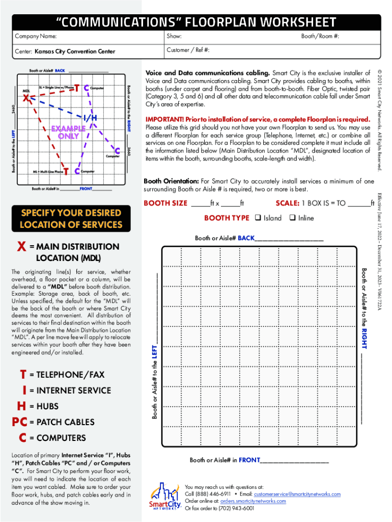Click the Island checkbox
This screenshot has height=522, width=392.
click(x=258, y=218)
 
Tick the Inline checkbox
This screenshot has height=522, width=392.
click(x=292, y=218)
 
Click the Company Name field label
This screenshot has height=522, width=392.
click(x=36, y=36)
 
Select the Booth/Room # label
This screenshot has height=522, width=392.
click(x=320, y=36)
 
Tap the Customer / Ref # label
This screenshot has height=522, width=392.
click(x=188, y=50)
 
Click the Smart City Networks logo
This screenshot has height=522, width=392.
click(x=165, y=497)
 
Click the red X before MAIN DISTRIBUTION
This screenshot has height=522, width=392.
click(x=22, y=247)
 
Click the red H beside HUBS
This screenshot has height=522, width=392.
click(x=21, y=407)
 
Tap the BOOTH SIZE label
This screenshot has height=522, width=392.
click(x=165, y=203)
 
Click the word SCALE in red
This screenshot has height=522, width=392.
click(x=287, y=203)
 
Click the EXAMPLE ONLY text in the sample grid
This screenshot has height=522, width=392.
click(x=68, y=133)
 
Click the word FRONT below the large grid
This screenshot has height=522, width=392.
click(x=249, y=460)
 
